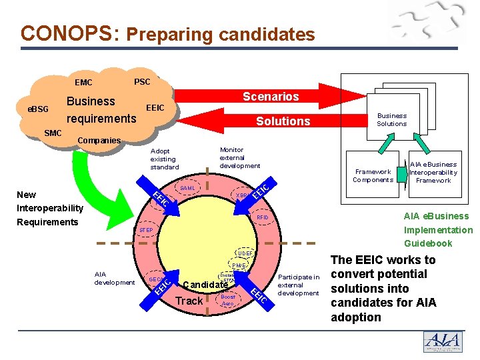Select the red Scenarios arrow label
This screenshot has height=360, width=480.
tap(271, 97)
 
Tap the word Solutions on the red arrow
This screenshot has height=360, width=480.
tap(283, 121)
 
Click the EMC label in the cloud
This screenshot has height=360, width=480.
tap(84, 83)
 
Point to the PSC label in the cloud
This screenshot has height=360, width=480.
tap(142, 81)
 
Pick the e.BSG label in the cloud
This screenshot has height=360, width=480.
tap(38, 108)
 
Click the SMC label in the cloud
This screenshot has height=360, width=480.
tap(53, 133)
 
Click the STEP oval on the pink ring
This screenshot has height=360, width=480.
tap(146, 231)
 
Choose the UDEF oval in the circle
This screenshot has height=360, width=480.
tap(245, 254)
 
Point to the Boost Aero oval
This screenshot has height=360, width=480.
tap(228, 300)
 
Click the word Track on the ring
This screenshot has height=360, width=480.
tap(189, 301)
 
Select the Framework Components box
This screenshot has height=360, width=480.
tap(373, 175)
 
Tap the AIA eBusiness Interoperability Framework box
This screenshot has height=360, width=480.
tap(433, 172)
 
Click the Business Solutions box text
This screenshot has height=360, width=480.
tap(391, 119)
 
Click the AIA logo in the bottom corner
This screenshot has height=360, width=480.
tap(443, 341)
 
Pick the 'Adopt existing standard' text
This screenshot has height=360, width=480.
tap(163, 159)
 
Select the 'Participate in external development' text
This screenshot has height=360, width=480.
tap(299, 285)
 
